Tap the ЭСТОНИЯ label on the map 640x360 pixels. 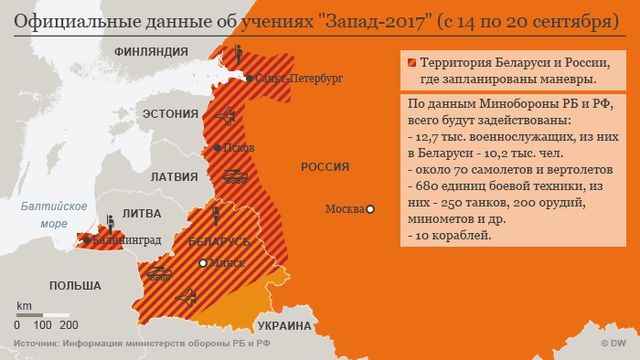(170, 113)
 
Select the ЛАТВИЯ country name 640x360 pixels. (174, 176)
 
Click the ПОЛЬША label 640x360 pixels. (75, 286)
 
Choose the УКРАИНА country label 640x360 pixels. (284, 325)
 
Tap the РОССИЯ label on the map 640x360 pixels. (325, 166)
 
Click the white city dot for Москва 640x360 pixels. (371, 209)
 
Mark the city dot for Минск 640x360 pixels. (203, 263)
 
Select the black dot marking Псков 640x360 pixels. (217, 147)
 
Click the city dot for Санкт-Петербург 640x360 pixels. (248, 79)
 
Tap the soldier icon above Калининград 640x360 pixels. (110, 222)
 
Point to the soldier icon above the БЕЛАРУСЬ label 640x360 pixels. (216, 216)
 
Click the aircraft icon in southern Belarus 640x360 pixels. (187, 296)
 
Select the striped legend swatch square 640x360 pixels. (411, 64)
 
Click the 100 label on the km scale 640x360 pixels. (42, 324)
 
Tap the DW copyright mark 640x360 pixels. (613, 344)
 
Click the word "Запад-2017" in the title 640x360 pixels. (366, 19)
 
